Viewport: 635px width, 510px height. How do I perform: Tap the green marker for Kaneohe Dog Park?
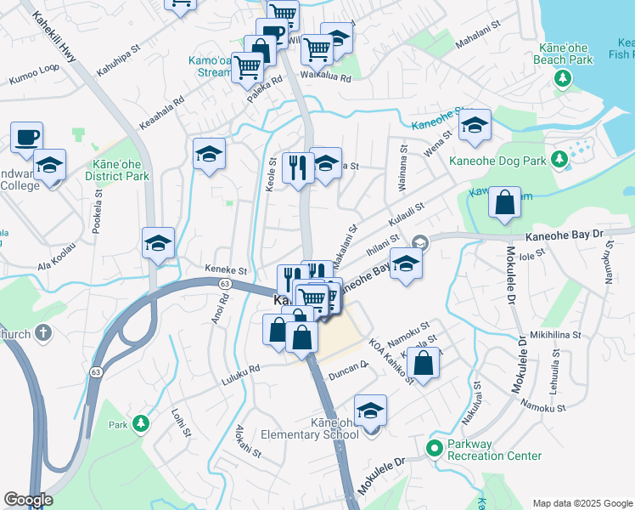[x=559, y=159]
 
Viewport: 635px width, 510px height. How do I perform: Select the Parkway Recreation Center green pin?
[x=435, y=448]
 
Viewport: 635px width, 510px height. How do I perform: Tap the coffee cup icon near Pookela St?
[x=26, y=136]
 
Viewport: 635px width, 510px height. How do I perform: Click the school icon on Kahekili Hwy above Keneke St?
[x=158, y=243]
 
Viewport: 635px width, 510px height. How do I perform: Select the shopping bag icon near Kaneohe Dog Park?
[x=505, y=202]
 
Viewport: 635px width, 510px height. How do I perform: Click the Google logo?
[x=28, y=501]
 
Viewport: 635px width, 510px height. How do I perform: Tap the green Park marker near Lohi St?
[x=141, y=422]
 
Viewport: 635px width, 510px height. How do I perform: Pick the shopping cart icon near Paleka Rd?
[x=248, y=65]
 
